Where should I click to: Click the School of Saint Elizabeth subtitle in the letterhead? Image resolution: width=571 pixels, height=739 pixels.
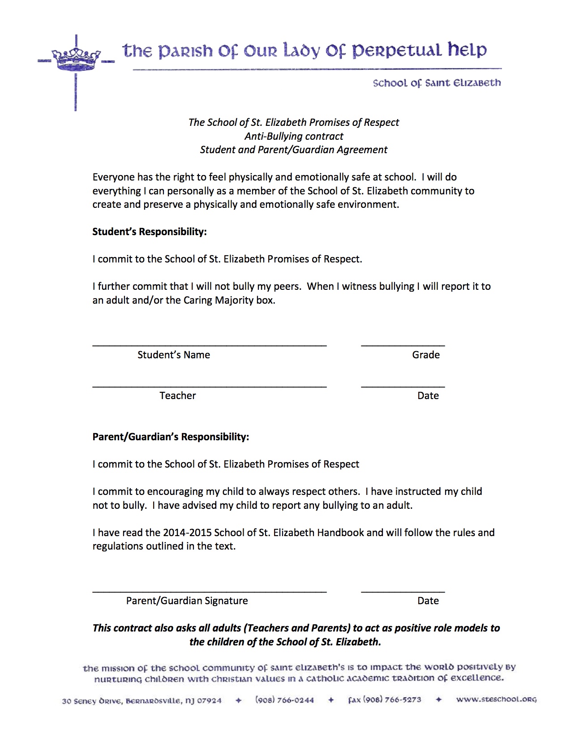click(x=437, y=83)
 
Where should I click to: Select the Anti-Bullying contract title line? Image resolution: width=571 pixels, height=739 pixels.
click(x=294, y=136)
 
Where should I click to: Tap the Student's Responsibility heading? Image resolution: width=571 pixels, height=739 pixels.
click(x=149, y=232)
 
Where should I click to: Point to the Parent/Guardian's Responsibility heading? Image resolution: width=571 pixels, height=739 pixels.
click(x=170, y=437)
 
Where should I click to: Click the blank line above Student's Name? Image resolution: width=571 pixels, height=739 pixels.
click(x=209, y=344)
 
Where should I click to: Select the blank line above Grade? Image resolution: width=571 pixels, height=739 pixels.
click(x=403, y=344)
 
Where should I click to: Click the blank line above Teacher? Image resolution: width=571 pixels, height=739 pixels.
click(x=209, y=385)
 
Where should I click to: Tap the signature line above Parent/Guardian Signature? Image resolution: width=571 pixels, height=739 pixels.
click(x=209, y=591)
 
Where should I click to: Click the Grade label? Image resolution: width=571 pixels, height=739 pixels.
click(x=425, y=355)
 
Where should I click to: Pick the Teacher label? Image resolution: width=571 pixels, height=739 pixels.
click(x=177, y=395)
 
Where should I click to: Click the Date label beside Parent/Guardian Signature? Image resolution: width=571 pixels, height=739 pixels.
click(x=428, y=601)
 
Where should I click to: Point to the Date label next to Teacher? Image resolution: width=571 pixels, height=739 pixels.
click(x=428, y=395)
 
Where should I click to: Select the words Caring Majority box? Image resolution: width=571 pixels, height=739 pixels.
click(x=229, y=300)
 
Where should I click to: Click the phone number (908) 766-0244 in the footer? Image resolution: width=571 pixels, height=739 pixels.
click(x=284, y=700)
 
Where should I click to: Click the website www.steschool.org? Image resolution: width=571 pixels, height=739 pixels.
click(x=496, y=699)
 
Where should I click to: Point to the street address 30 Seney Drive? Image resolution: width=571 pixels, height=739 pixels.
click(x=92, y=701)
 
